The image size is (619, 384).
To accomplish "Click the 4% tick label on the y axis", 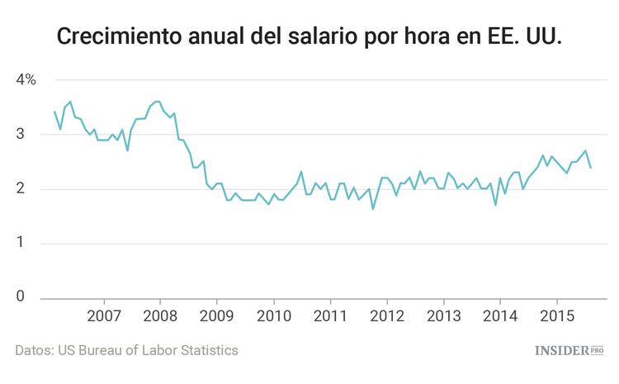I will (x=26, y=80).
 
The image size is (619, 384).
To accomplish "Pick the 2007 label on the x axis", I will (x=104, y=316).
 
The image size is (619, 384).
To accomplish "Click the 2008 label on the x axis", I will (x=160, y=316).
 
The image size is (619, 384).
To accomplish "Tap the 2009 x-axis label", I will (x=217, y=316).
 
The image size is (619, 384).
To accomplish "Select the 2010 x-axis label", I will (x=273, y=316).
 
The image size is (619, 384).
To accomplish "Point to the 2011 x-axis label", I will (x=330, y=316).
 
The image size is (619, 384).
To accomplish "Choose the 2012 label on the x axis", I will (x=386, y=316).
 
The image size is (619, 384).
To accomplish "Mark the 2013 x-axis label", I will (x=443, y=316).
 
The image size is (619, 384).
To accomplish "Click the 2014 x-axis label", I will (x=499, y=316).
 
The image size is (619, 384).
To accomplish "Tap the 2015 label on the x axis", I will (x=556, y=316).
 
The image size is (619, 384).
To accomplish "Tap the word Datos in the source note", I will (x=34, y=350).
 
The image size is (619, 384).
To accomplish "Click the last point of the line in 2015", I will (x=590, y=168).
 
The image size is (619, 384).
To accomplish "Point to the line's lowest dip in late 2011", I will (x=373, y=209).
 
